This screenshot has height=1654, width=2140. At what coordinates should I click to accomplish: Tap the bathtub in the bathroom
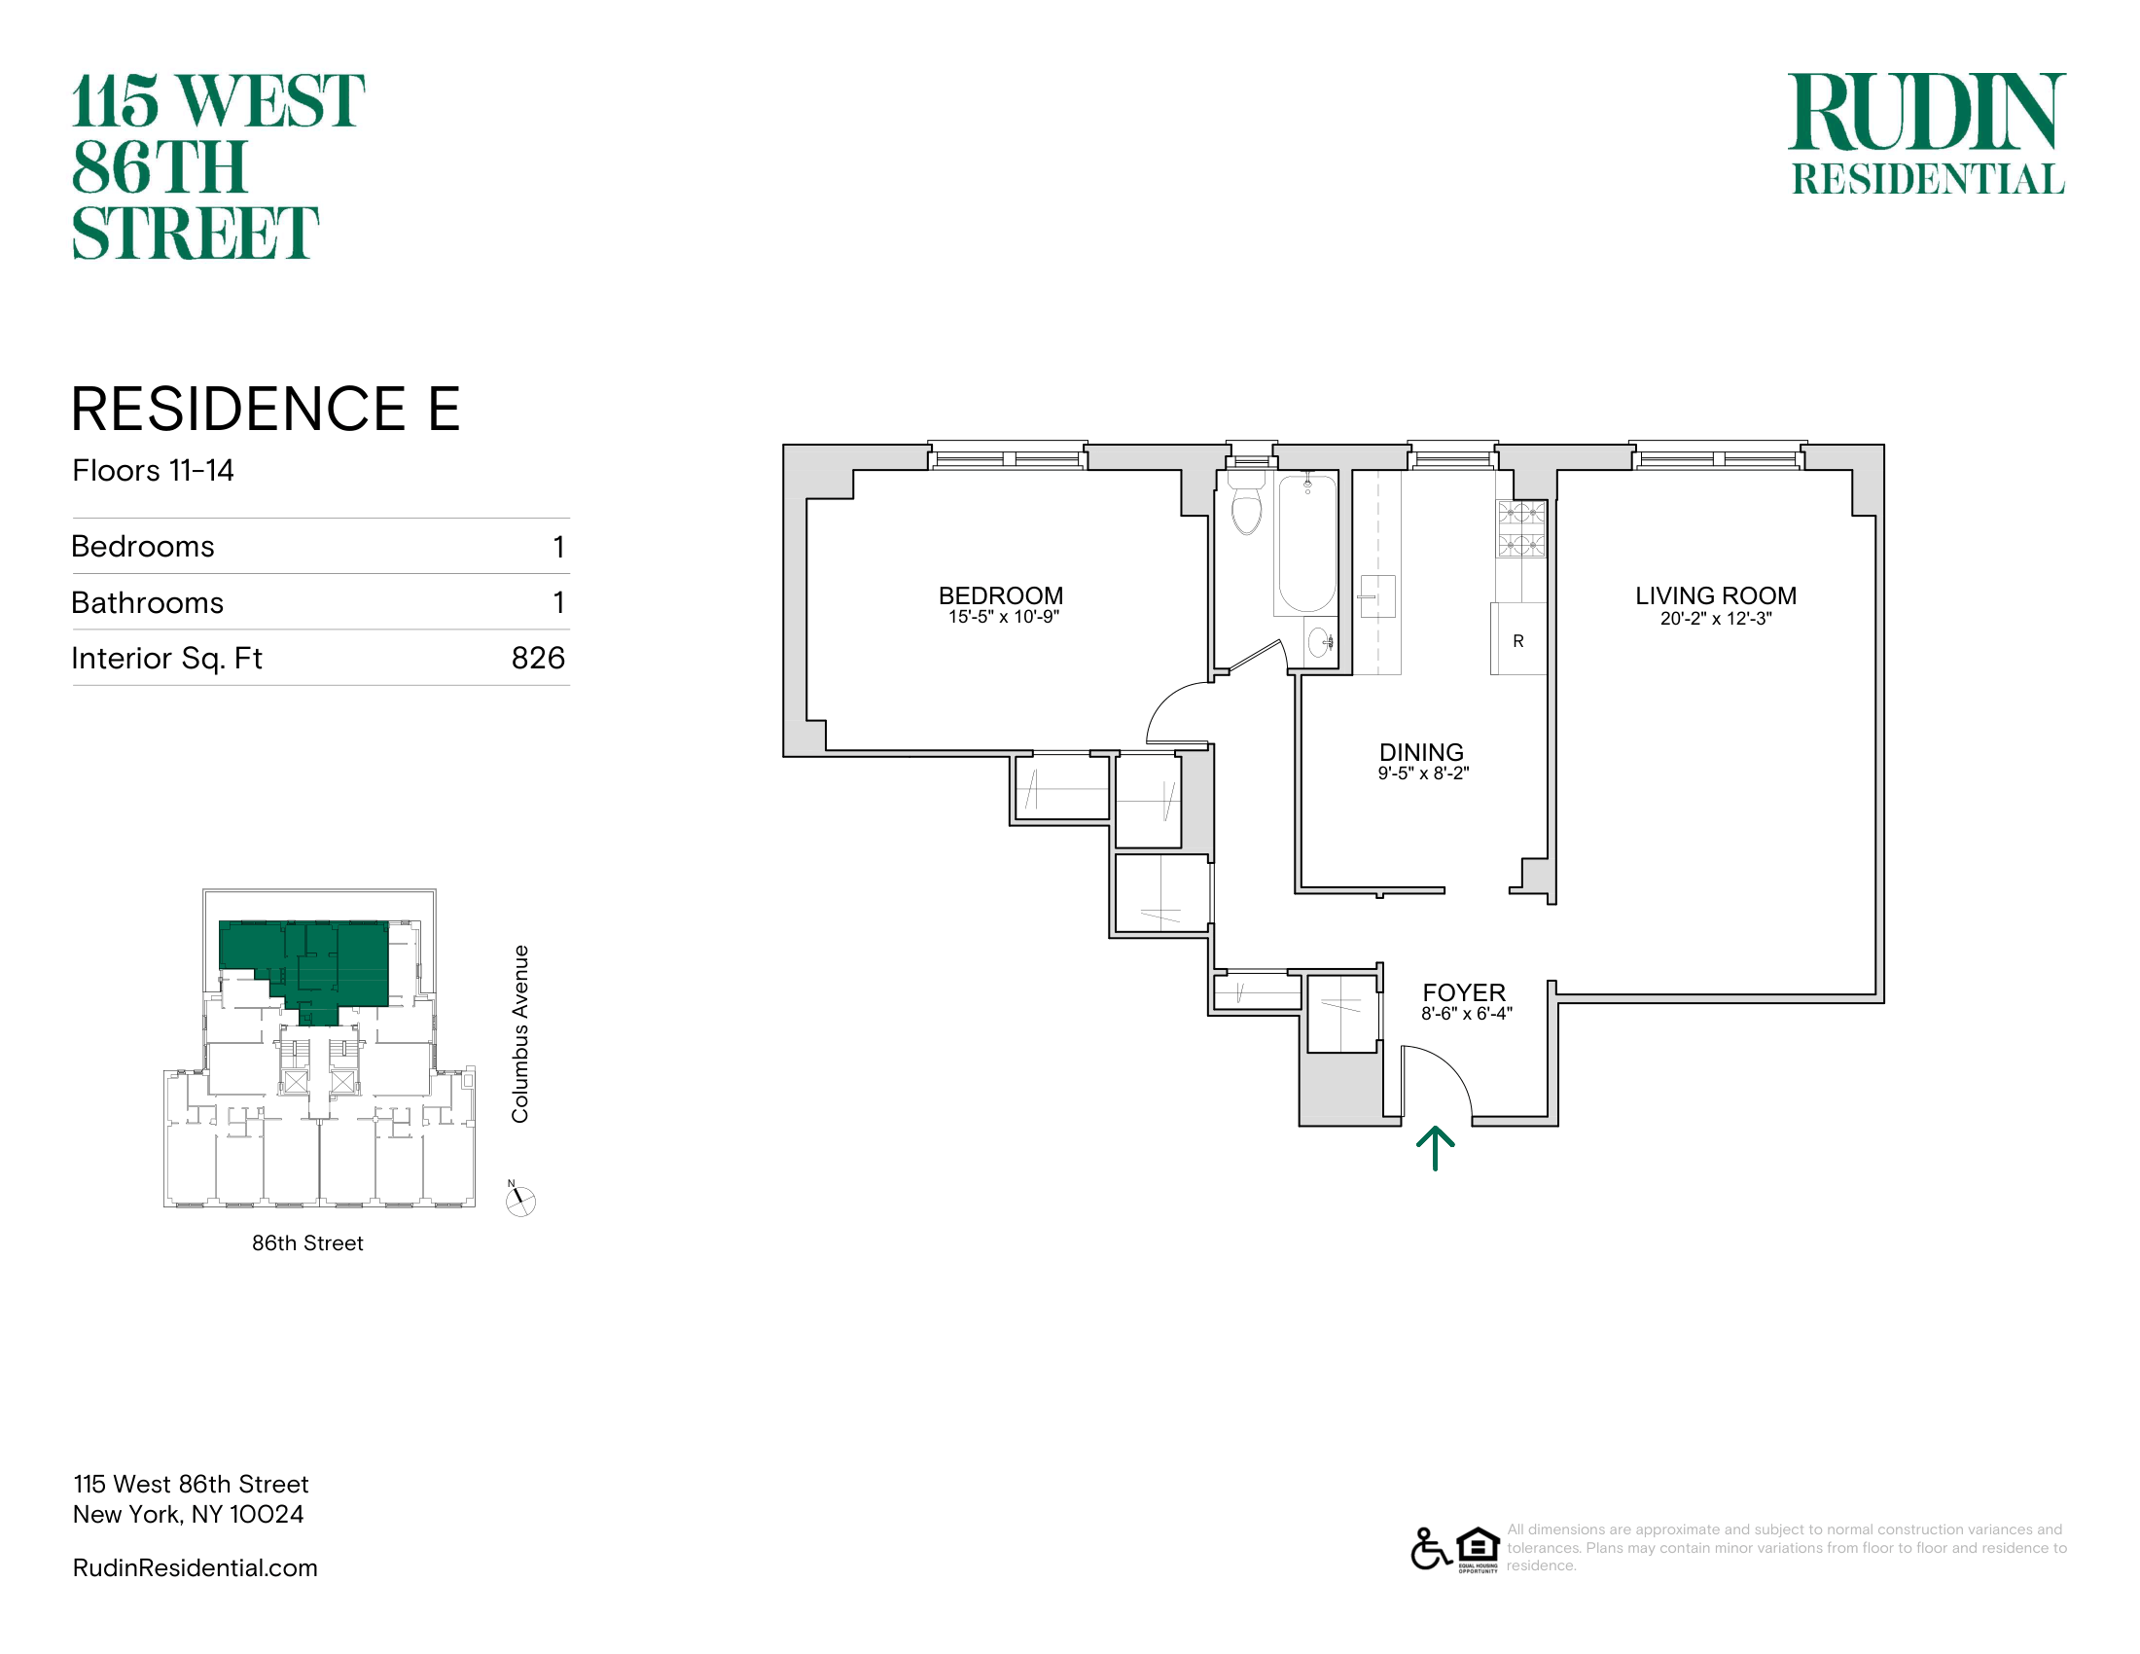pyautogui.click(x=1306, y=545)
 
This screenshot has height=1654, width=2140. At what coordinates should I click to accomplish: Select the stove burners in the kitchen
pyautogui.click(x=1520, y=529)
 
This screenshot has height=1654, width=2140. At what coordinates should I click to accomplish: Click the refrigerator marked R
pyautogui.click(x=1518, y=639)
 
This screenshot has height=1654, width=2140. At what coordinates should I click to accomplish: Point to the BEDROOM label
pyautogui.click(x=1000, y=595)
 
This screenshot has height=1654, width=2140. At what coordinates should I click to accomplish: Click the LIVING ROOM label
pyautogui.click(x=1716, y=595)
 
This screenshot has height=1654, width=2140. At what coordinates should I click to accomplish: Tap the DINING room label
pyautogui.click(x=1422, y=752)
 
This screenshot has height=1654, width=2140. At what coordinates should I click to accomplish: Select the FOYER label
pyautogui.click(x=1464, y=992)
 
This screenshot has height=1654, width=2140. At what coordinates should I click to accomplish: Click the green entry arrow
pyautogui.click(x=1436, y=1148)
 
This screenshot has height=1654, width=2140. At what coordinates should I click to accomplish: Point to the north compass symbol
pyautogui.click(x=520, y=1201)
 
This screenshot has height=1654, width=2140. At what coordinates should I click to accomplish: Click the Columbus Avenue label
pyautogui.click(x=520, y=1033)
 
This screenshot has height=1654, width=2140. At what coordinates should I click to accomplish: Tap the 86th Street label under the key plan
pyautogui.click(x=307, y=1243)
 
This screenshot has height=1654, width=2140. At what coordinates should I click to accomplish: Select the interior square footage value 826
pyautogui.click(x=538, y=658)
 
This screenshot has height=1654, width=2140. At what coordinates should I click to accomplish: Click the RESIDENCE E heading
pyautogui.click(x=266, y=409)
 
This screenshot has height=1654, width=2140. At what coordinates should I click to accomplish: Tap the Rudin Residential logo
pyautogui.click(x=1927, y=133)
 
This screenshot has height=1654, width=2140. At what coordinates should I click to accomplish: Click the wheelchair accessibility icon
pyautogui.click(x=1431, y=1549)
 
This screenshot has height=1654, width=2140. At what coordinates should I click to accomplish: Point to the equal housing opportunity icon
pyautogui.click(x=1478, y=1549)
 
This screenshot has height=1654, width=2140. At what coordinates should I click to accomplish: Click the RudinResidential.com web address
pyautogui.click(x=195, y=1567)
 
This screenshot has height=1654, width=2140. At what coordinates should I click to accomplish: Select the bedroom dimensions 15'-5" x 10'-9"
pyautogui.click(x=1004, y=616)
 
